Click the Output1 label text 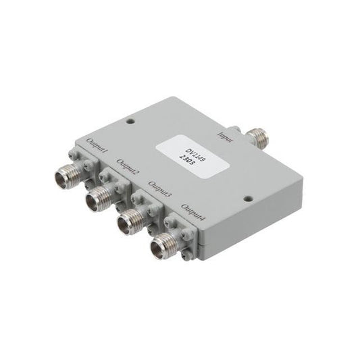(x=97, y=146)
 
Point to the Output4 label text (x=193, y=212)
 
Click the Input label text (x=226, y=137)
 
